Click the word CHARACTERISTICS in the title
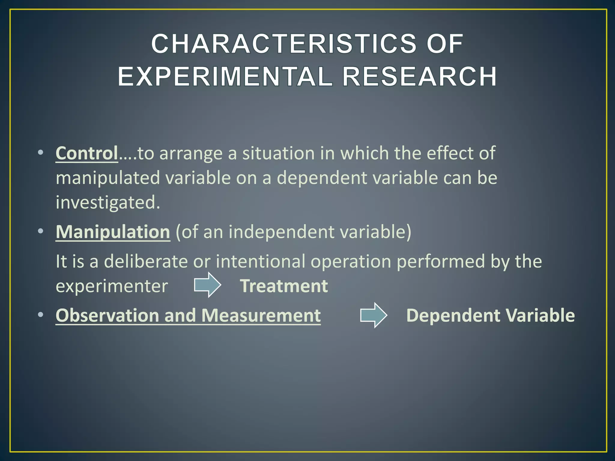[284, 44]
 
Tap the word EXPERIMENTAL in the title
[225, 77]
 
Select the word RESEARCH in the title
[420, 77]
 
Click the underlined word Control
[87, 153]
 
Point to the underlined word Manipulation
[113, 232]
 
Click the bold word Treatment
[284, 286]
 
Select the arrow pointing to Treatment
[208, 285]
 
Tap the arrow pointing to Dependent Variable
[374, 315]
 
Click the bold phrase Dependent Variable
[490, 315]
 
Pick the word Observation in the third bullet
[107, 315]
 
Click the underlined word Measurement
[261, 315]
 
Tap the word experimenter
[112, 286]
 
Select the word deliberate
[146, 261]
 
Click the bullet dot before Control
[41, 153]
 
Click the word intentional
[260, 261]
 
